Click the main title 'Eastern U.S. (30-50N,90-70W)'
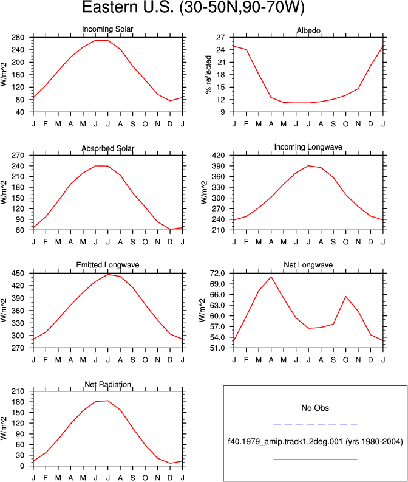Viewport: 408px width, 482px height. tap(194, 7)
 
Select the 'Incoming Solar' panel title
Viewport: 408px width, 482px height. tap(107, 29)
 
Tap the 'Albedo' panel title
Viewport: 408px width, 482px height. tap(308, 30)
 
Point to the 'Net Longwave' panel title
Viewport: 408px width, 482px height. tap(308, 264)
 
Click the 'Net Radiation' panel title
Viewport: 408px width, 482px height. tap(107, 384)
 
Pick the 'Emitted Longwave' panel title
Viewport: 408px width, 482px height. tap(107, 264)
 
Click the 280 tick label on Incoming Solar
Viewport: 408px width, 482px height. tap(18, 38)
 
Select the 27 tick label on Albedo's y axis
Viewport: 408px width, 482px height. tap(220, 38)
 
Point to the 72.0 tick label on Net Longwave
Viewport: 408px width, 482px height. tap(217, 274)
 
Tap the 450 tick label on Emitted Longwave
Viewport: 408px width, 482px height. tap(18, 274)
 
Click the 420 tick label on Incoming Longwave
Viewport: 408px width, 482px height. tap(219, 155)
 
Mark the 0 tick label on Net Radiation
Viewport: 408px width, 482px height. tap(22, 466)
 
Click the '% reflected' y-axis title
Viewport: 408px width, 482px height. tap(208, 74)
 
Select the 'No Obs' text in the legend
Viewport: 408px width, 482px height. tap(315, 408)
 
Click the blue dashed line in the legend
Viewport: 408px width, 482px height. tap(315, 425)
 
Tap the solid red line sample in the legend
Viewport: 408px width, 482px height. tap(315, 460)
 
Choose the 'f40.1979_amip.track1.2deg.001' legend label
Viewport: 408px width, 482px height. tap(285, 442)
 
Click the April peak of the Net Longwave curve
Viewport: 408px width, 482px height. tap(271, 277)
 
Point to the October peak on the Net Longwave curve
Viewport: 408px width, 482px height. tap(345, 297)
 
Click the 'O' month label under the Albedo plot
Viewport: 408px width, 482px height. tap(345, 124)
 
